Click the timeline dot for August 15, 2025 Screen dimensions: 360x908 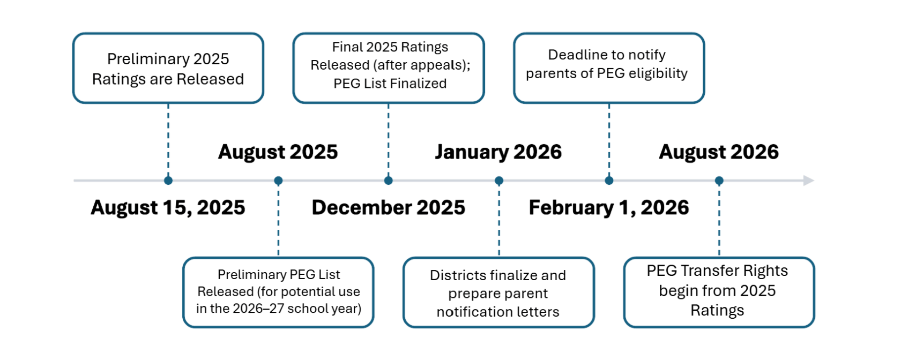pyautogui.click(x=168, y=181)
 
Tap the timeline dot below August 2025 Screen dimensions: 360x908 pyautogui.click(x=278, y=181)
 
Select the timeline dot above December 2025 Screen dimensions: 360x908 pyautogui.click(x=389, y=181)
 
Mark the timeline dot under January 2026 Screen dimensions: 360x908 pyautogui.click(x=499, y=181)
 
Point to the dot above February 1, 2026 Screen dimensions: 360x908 pyautogui.click(x=609, y=181)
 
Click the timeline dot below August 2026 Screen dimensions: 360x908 pyautogui.click(x=719, y=181)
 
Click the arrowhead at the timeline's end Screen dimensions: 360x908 pyautogui.click(x=809, y=181)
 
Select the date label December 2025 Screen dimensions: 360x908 pyautogui.click(x=389, y=208)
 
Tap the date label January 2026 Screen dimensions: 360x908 pyautogui.click(x=498, y=152)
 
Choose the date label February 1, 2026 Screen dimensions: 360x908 pyautogui.click(x=609, y=208)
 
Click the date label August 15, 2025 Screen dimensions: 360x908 pyautogui.click(x=168, y=208)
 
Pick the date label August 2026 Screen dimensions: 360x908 pyautogui.click(x=719, y=152)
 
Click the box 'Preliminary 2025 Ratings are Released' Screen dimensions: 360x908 pyautogui.click(x=168, y=69)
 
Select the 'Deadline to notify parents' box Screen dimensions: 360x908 pyautogui.click(x=609, y=69)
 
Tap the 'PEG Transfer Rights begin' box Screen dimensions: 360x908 pyautogui.click(x=719, y=292)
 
